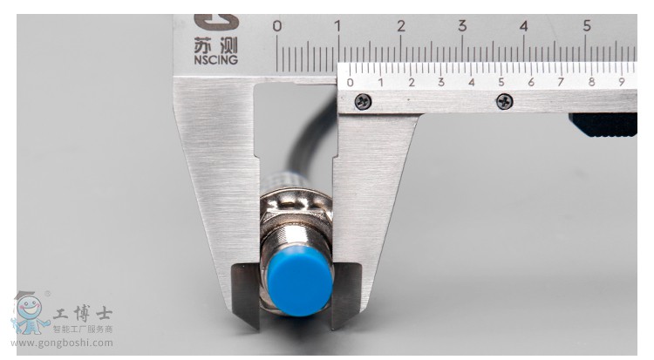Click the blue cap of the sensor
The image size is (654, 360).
[299, 281]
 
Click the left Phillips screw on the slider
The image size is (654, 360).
[363, 101]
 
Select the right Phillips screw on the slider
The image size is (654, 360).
[504, 101]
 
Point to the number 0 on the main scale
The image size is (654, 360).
[277, 26]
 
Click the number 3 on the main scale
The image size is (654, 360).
[462, 26]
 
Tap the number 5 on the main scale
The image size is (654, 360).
[587, 26]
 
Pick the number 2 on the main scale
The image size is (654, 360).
[401, 26]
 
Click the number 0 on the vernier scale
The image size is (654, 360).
[350, 83]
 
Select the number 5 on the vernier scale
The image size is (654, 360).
[501, 82]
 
